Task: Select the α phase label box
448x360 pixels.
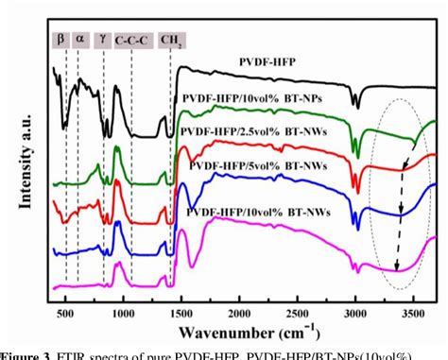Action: point(80,41)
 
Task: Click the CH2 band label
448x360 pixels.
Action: point(172,41)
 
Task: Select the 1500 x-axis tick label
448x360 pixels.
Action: point(181,310)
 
